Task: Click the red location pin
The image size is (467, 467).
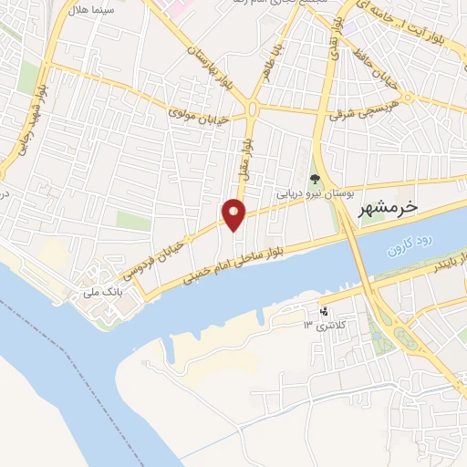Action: [x=234, y=214]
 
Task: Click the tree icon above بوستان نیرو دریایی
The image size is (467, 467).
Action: [x=315, y=179]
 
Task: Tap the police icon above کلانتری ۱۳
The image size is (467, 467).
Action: [x=322, y=310]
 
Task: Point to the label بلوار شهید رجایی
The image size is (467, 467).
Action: [x=25, y=119]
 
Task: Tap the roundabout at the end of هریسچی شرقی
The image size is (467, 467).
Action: [x=408, y=97]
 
